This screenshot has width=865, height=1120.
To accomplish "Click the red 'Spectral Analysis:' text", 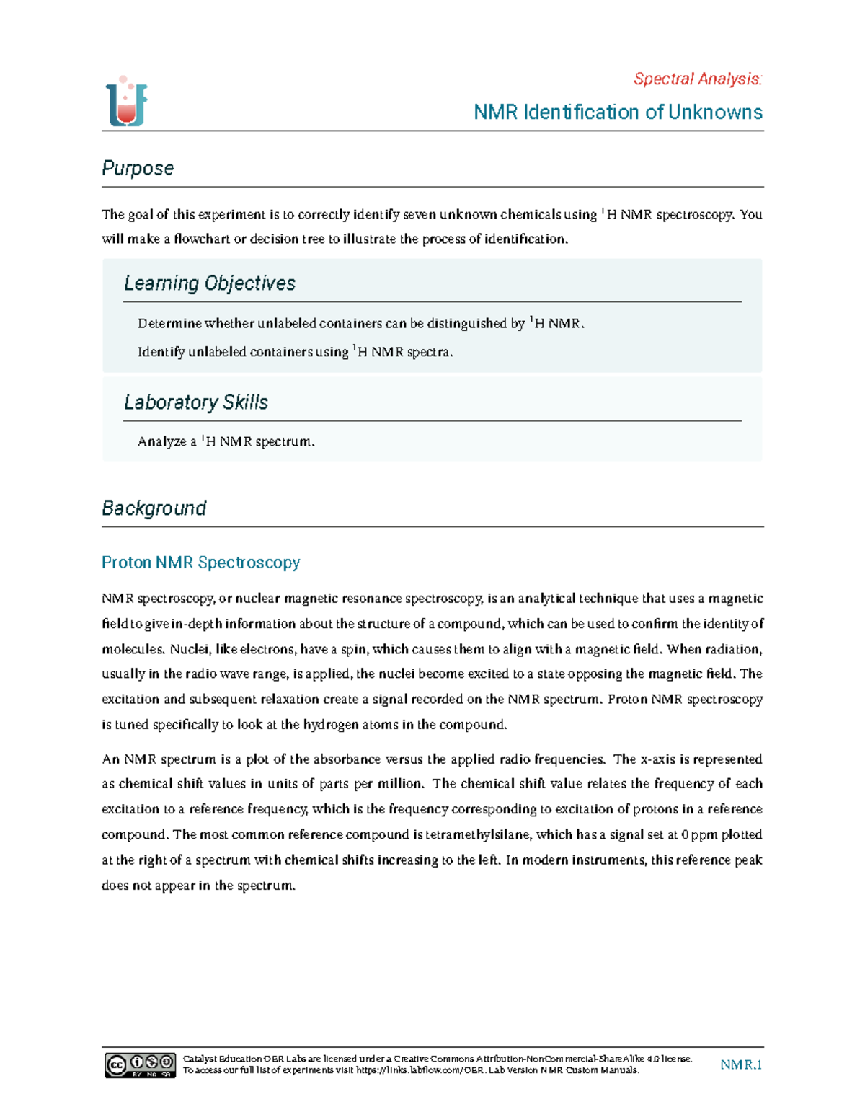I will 697,79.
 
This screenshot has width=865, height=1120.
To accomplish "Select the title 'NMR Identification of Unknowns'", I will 618,113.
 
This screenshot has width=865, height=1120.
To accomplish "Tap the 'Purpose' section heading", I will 138,168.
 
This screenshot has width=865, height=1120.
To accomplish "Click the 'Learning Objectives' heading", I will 209,283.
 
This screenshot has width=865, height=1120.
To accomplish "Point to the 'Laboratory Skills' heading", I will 195,402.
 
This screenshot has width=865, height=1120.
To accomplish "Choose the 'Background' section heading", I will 154,508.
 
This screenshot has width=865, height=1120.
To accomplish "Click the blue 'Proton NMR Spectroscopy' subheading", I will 200,563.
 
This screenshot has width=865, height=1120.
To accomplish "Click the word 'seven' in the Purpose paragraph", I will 419,214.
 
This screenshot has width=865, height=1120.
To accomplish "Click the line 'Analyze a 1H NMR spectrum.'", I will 226,441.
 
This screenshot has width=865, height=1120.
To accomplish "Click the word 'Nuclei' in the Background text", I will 189,649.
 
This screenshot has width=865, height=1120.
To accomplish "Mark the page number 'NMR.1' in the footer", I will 741,1064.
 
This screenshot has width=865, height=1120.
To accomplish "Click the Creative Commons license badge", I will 140,1065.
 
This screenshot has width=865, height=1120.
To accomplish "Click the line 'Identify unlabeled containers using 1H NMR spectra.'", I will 295,353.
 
